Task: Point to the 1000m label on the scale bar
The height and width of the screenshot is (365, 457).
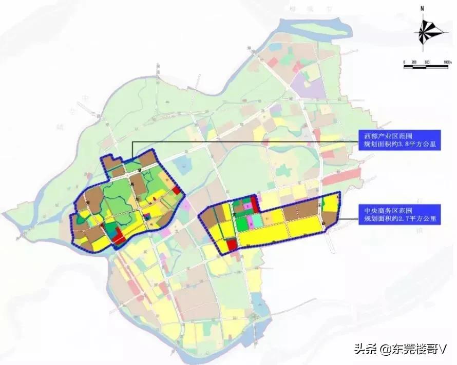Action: pyautogui.click(x=445, y=62)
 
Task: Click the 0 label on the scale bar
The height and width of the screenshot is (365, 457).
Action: pyautogui.click(x=405, y=62)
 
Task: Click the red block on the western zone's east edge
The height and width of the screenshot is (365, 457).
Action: pyautogui.click(x=176, y=191)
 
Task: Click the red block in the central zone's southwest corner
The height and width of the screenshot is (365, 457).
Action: pyautogui.click(x=231, y=245)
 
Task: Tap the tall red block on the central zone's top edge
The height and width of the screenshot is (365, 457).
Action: pyautogui.click(x=253, y=205)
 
